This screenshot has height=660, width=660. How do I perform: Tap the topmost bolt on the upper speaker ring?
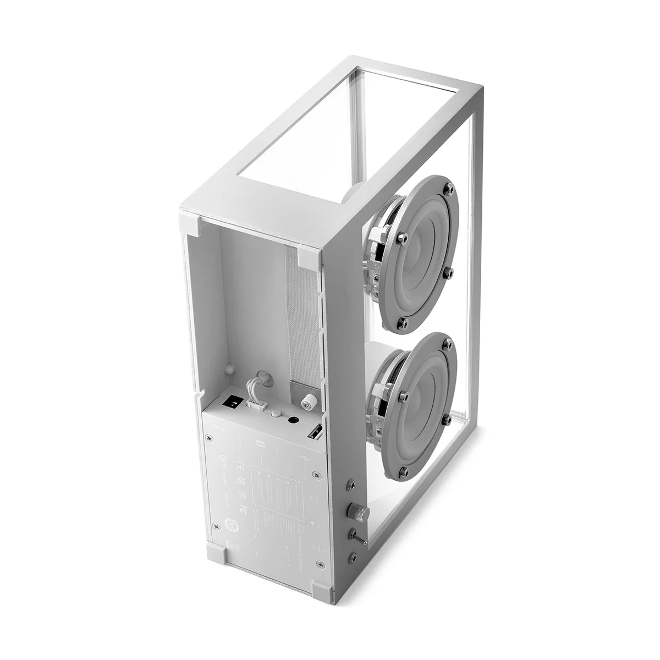click(x=450, y=189)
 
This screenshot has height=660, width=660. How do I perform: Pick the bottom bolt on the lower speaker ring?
click(x=405, y=471)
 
